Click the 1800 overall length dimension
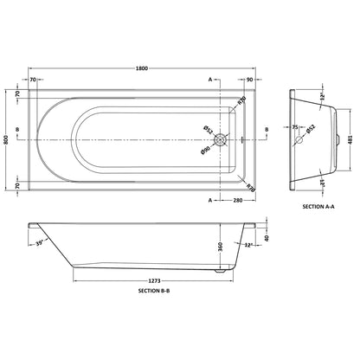tap(142, 68)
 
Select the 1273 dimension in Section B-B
tap(154, 280)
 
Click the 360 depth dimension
tap(221, 247)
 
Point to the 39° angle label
tap(40, 243)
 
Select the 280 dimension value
tap(238, 200)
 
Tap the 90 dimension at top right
tap(249, 80)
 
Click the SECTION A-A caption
tap(318, 207)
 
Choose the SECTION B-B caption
tap(154, 291)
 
